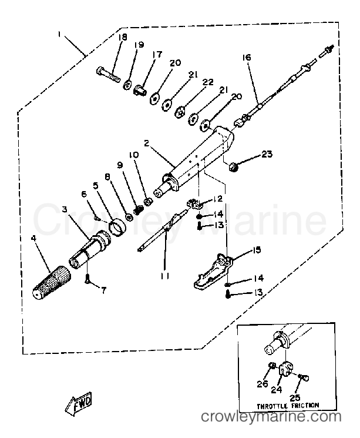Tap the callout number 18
click(x=122, y=38)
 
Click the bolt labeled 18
click(x=109, y=75)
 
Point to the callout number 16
click(x=246, y=57)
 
